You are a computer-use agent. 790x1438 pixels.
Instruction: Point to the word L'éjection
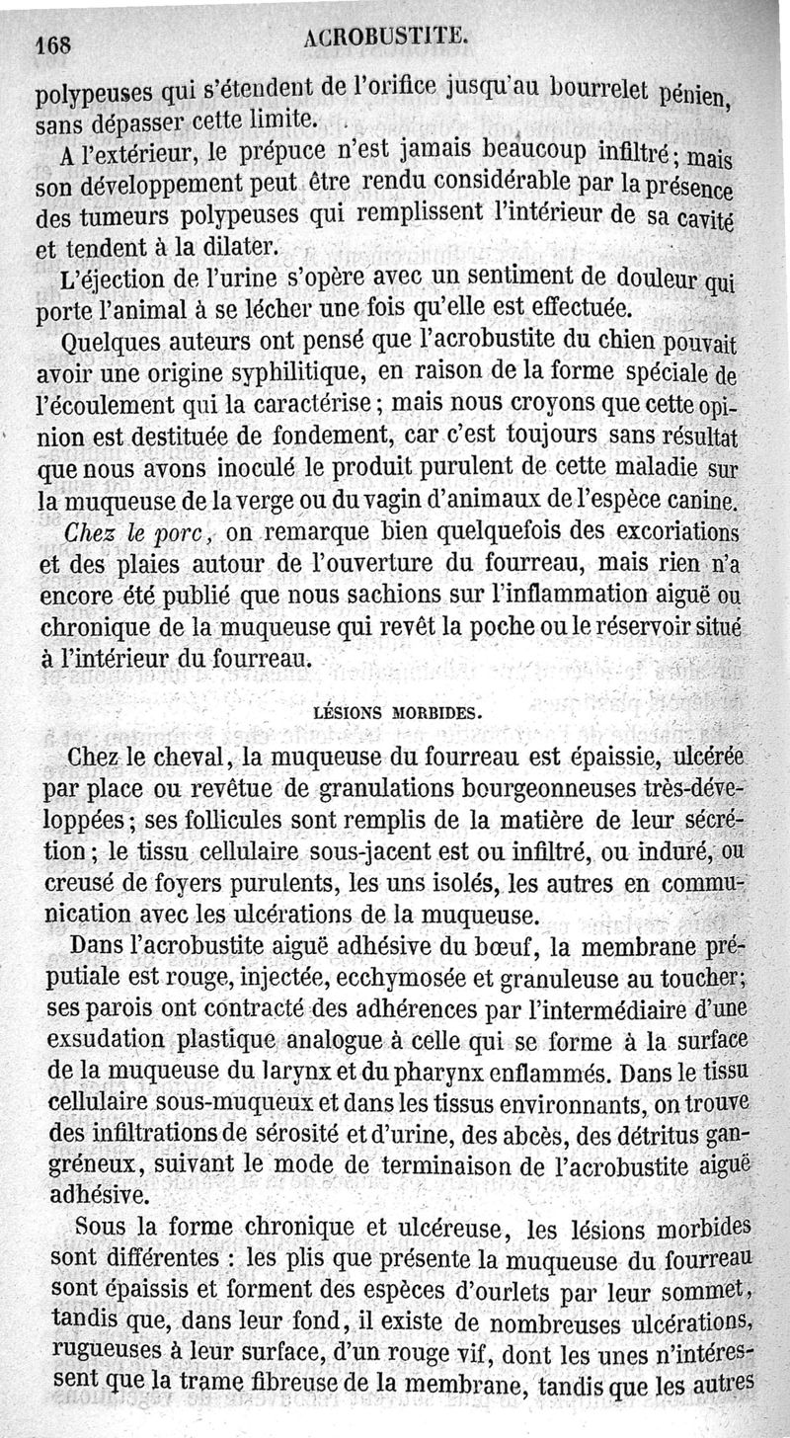(x=107, y=279)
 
